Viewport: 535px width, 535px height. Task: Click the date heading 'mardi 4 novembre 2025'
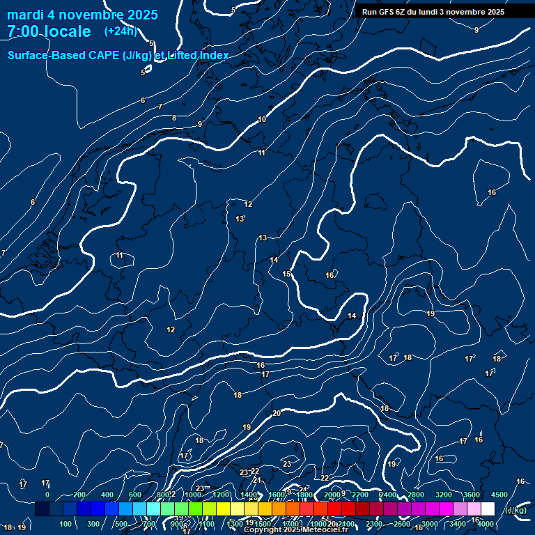click(x=82, y=15)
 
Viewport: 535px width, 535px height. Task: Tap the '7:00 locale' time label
click(x=49, y=31)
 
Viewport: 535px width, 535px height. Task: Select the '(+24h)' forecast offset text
click(x=121, y=31)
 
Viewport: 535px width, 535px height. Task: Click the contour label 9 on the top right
click(x=476, y=30)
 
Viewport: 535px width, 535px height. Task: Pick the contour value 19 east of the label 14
click(x=431, y=314)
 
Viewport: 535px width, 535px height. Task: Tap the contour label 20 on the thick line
click(x=277, y=413)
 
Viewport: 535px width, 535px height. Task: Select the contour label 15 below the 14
click(x=286, y=274)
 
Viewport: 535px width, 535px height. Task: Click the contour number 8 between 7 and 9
click(x=174, y=118)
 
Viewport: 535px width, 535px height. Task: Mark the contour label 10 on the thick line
click(x=262, y=119)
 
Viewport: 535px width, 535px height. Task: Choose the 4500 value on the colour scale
click(x=499, y=495)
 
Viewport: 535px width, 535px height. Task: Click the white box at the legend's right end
click(x=488, y=509)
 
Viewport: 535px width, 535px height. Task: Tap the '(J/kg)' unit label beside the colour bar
click(x=515, y=511)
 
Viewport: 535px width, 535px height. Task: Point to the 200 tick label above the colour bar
click(x=79, y=495)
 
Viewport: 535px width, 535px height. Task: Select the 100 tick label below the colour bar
click(x=65, y=524)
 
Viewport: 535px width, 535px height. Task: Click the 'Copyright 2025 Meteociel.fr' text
click(x=296, y=530)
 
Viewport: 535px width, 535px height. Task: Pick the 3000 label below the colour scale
click(x=430, y=524)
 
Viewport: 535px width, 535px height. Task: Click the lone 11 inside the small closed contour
click(x=120, y=256)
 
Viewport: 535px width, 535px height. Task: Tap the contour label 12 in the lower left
click(x=171, y=329)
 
